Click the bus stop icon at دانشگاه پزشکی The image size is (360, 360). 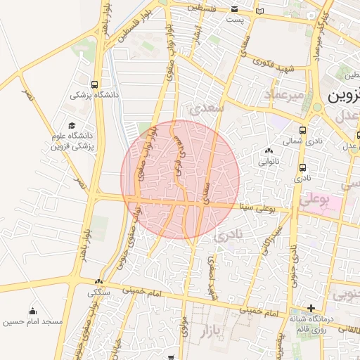[95, 84]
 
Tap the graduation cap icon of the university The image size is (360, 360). [72, 124]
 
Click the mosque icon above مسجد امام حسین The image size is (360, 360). [32, 311]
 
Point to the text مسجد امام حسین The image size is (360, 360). [33, 322]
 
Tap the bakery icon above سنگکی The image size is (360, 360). [99, 282]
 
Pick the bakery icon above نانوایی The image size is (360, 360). [269, 150]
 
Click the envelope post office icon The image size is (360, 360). [235, 10]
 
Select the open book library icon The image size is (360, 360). [260, 11]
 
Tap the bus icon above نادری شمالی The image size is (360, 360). [302, 130]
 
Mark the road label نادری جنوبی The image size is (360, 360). [292, 256]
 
